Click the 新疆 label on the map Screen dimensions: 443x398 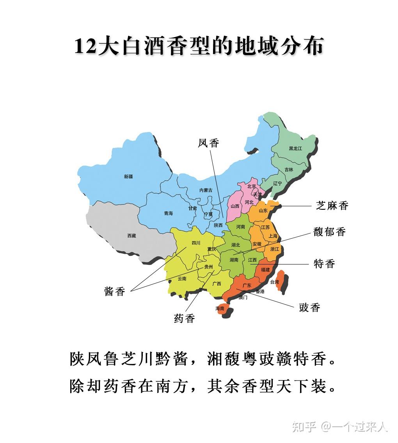click(x=128, y=177)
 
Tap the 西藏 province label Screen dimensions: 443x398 click(x=131, y=236)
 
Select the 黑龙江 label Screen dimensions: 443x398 click(x=295, y=148)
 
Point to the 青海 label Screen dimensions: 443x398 click(x=168, y=213)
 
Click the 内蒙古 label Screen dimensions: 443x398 click(x=206, y=190)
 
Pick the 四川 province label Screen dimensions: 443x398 click(x=196, y=243)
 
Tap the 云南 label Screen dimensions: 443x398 click(x=182, y=279)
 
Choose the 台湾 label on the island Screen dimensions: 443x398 click(x=275, y=282)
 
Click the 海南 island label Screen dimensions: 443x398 click(x=220, y=308)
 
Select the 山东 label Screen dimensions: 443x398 click(x=263, y=211)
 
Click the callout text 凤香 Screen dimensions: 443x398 click(x=208, y=143)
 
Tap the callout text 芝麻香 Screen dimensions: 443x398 click(x=332, y=206)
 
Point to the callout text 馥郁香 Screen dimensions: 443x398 click(x=329, y=232)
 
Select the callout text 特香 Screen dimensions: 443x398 click(x=324, y=264)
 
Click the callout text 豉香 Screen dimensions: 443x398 click(x=309, y=307)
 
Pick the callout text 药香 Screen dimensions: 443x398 click(x=184, y=318)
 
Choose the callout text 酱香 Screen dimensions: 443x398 click(x=115, y=291)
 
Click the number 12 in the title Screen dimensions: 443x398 click(x=85, y=46)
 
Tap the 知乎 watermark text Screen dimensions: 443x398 click(x=304, y=427)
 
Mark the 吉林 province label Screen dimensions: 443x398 click(x=289, y=170)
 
